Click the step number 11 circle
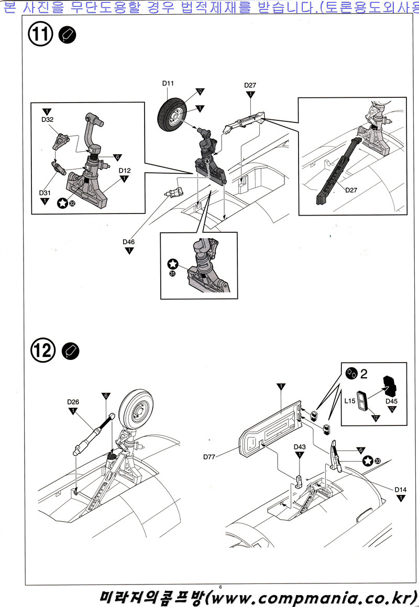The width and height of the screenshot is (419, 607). (42, 35)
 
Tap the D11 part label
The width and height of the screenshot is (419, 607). (168, 83)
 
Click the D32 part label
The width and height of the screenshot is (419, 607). (47, 120)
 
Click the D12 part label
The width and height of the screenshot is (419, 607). (124, 171)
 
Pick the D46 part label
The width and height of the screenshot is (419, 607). (129, 242)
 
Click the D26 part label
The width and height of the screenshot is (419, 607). (73, 402)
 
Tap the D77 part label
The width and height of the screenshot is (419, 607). (210, 456)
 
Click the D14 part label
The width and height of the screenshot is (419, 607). (401, 489)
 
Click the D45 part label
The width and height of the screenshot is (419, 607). (392, 401)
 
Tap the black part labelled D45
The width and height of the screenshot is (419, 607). (390, 386)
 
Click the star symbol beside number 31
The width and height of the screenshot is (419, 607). (173, 265)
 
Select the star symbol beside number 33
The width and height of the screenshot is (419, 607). (368, 460)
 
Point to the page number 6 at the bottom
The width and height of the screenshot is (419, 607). (221, 587)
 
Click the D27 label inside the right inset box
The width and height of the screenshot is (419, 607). (351, 190)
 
